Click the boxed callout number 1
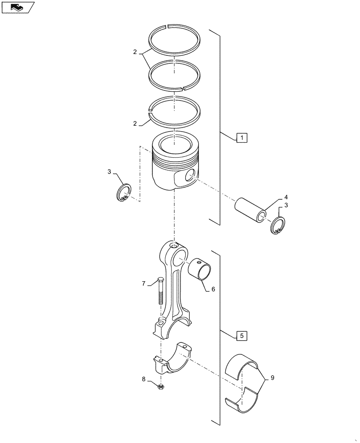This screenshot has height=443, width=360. click(241, 138)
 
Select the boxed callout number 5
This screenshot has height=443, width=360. click(241, 336)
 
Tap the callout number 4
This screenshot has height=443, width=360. click(286, 197)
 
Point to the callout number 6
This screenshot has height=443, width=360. click(213, 289)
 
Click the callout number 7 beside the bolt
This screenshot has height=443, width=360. click(144, 283)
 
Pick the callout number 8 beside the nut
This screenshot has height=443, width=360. click(144, 379)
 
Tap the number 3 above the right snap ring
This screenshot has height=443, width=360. click(286, 205)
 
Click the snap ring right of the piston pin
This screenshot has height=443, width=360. click(278, 226)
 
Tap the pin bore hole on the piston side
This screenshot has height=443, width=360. click(190, 175)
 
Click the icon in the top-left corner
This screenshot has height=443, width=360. click(17, 7)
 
